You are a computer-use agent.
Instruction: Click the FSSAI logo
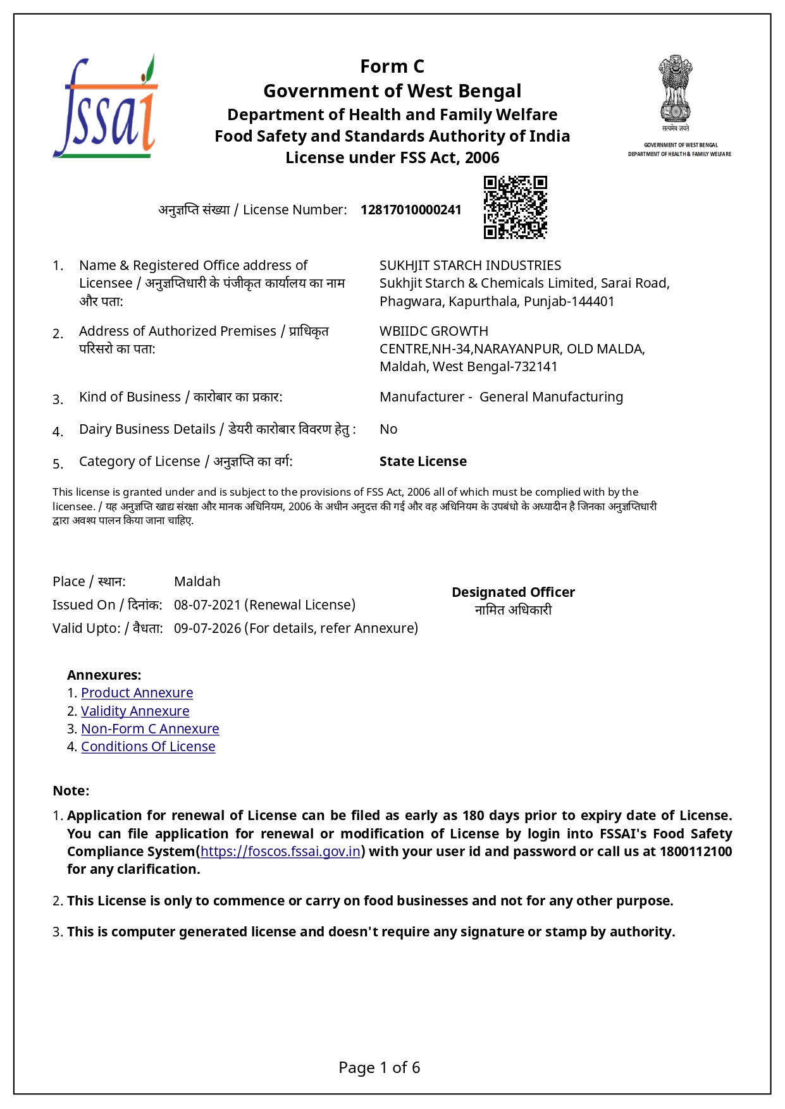click(105, 107)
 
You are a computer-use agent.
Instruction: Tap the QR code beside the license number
click(515, 207)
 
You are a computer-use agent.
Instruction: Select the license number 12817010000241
click(411, 210)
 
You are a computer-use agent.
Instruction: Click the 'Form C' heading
click(392, 66)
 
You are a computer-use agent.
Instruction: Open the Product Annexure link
click(137, 693)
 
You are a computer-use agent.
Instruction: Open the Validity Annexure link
click(135, 711)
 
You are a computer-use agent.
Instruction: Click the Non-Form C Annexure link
click(150, 729)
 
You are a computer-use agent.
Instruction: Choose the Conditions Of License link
click(148, 747)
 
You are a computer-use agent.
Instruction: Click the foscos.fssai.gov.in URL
click(280, 852)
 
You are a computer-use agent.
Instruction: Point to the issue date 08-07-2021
click(207, 605)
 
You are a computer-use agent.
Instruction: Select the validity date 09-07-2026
click(207, 628)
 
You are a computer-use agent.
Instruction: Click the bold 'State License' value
click(423, 462)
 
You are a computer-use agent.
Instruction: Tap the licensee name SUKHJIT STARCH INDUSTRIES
click(470, 266)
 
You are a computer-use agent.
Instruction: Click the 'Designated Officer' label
click(513, 592)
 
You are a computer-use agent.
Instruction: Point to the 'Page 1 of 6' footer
click(379, 1068)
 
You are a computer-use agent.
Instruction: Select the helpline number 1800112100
click(696, 852)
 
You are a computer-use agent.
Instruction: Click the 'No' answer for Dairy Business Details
click(388, 429)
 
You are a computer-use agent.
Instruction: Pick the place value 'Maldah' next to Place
click(197, 582)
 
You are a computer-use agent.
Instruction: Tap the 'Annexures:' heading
click(104, 675)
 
